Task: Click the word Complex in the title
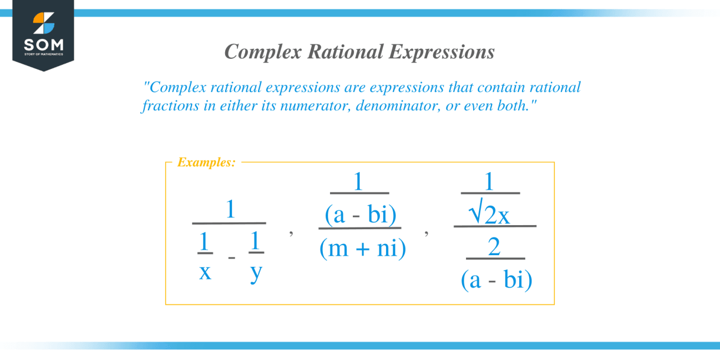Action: click(263, 52)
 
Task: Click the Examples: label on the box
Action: click(206, 162)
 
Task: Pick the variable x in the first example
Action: click(205, 272)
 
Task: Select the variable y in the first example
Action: click(256, 273)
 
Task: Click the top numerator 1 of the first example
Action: click(230, 210)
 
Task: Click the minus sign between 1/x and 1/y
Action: click(231, 257)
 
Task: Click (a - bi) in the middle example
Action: click(361, 215)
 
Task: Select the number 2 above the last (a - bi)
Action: click(494, 246)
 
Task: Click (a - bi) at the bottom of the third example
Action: click(496, 280)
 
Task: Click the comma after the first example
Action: click(291, 233)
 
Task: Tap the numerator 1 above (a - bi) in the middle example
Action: click(358, 181)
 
